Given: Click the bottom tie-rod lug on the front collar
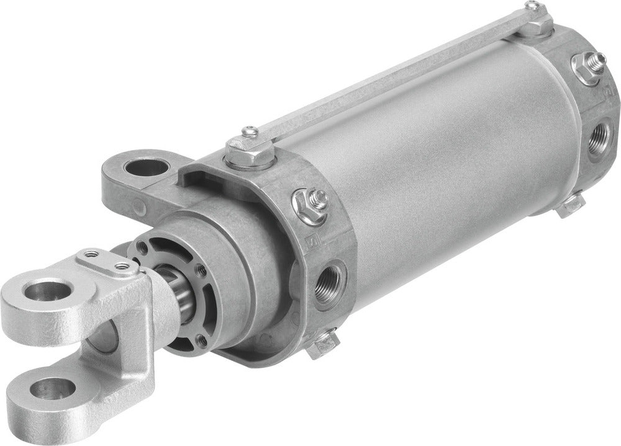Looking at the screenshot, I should coord(323,345).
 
